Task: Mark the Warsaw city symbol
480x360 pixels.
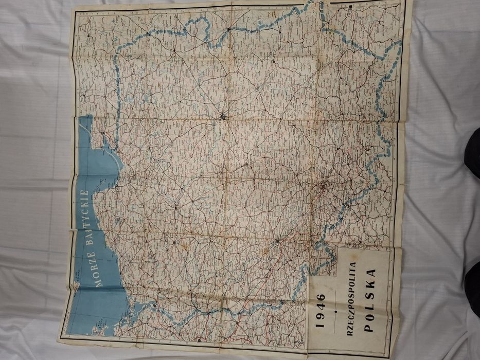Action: [x=222, y=116]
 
